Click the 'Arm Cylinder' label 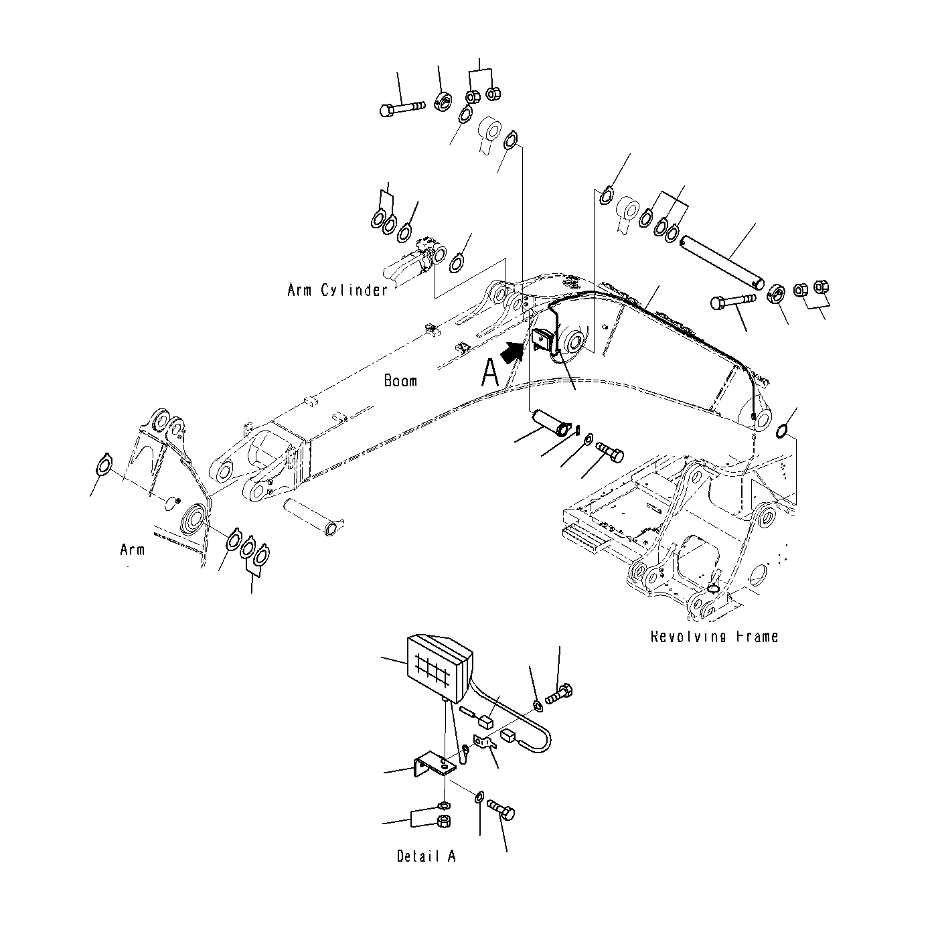(337, 290)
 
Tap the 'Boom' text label (400, 381)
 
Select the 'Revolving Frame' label (714, 636)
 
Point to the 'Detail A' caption (426, 856)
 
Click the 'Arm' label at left (132, 550)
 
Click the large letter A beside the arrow (490, 373)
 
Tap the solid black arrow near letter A (513, 352)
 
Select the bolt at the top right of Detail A (559, 694)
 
